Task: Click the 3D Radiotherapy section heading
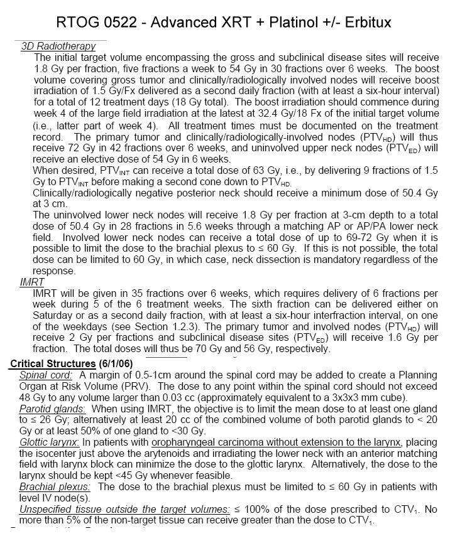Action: click(x=58, y=46)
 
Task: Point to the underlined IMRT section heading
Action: click(x=33, y=282)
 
